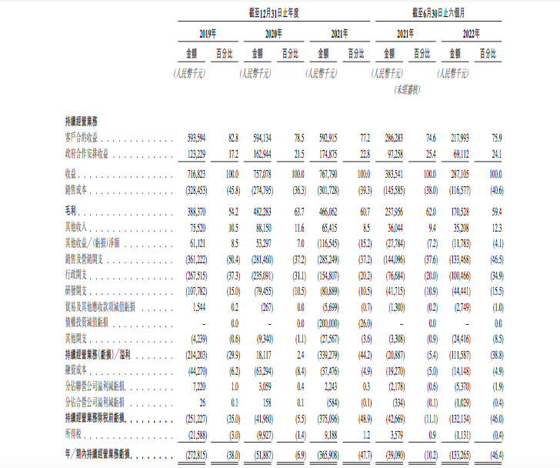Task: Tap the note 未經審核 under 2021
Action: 407,90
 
